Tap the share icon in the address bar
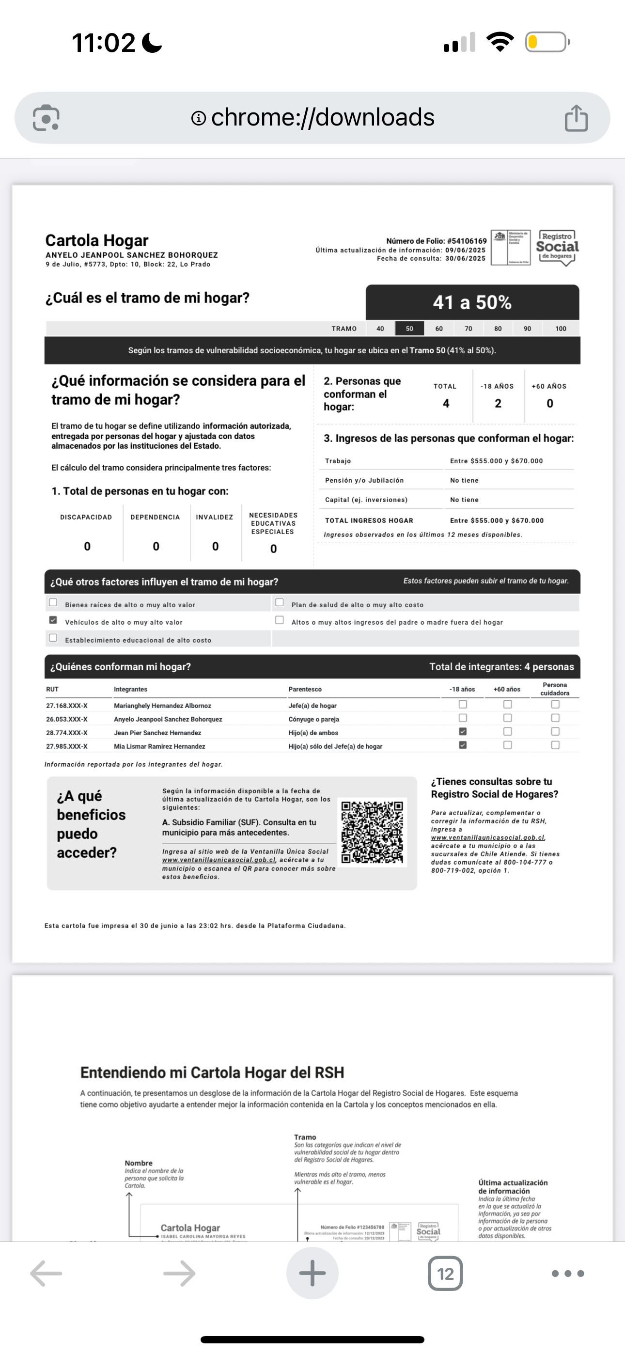[576, 118]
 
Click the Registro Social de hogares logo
[557, 248]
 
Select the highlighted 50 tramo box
[409, 329]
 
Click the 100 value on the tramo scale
[561, 329]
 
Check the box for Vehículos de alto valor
[53, 620]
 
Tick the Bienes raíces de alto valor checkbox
[53, 603]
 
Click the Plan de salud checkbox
[280, 603]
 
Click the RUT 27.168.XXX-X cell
[67, 706]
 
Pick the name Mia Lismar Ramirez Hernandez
[159, 746]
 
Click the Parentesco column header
[305, 690]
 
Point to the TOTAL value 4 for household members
[446, 404]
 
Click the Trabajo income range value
[496, 461]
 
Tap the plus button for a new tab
[312, 1274]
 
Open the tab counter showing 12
[445, 1274]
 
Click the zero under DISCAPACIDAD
[87, 547]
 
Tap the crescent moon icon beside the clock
[152, 43]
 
